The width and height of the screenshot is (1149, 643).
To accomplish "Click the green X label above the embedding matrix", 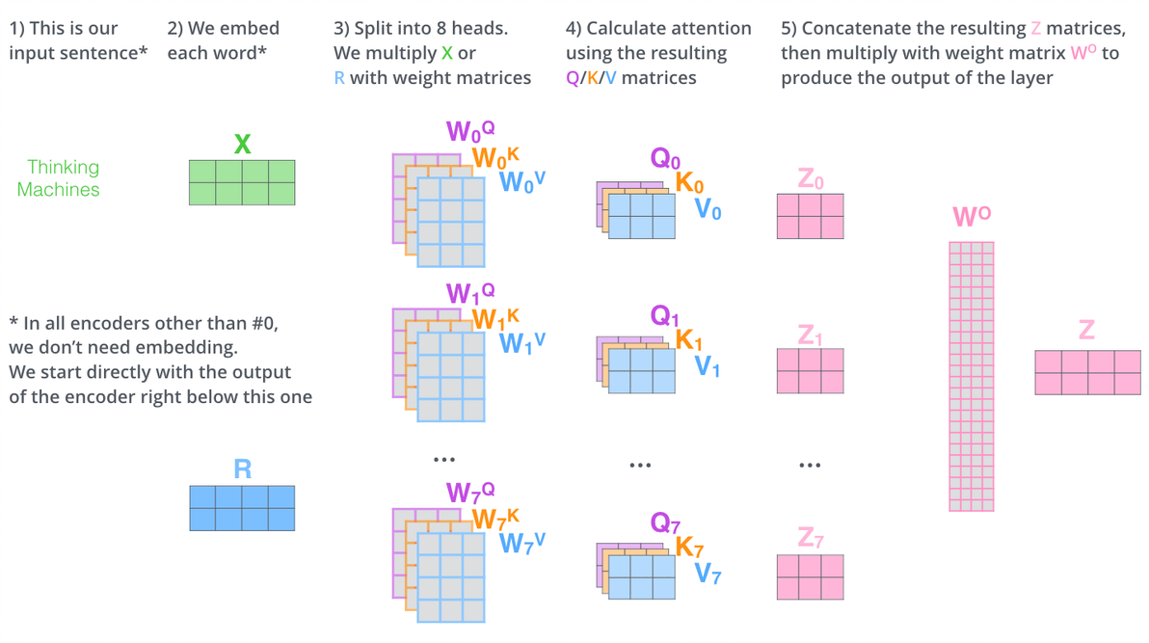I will pos(242,145).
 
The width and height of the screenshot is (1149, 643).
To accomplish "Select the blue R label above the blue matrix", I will pos(242,469).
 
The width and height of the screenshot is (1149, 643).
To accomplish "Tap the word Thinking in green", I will pos(63,168).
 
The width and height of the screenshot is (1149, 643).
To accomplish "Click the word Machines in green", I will pos(58,190).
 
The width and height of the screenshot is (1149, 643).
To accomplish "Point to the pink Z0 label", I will pos(811,178).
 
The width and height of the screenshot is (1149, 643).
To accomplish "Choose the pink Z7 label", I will pos(811,538).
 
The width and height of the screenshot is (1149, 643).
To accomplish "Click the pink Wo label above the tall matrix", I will pos(971,216).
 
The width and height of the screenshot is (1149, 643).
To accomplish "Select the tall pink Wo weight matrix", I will pos(971,376).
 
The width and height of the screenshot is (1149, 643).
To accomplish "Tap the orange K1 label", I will pos(688,340).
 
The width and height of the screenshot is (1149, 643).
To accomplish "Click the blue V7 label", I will pos(708,575).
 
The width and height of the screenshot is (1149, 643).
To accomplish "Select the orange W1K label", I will pos(495,318).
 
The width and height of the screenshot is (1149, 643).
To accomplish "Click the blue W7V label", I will pos(521,543).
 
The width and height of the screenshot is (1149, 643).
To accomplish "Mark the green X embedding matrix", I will pos(242,182).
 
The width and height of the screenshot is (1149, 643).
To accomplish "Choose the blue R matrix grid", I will pos(242,507).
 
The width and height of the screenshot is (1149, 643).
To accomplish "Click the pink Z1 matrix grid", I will pos(810,371).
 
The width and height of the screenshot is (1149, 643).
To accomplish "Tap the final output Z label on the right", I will pos(1086,330).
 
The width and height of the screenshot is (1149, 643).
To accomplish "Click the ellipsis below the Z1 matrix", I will pos(810,466).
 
